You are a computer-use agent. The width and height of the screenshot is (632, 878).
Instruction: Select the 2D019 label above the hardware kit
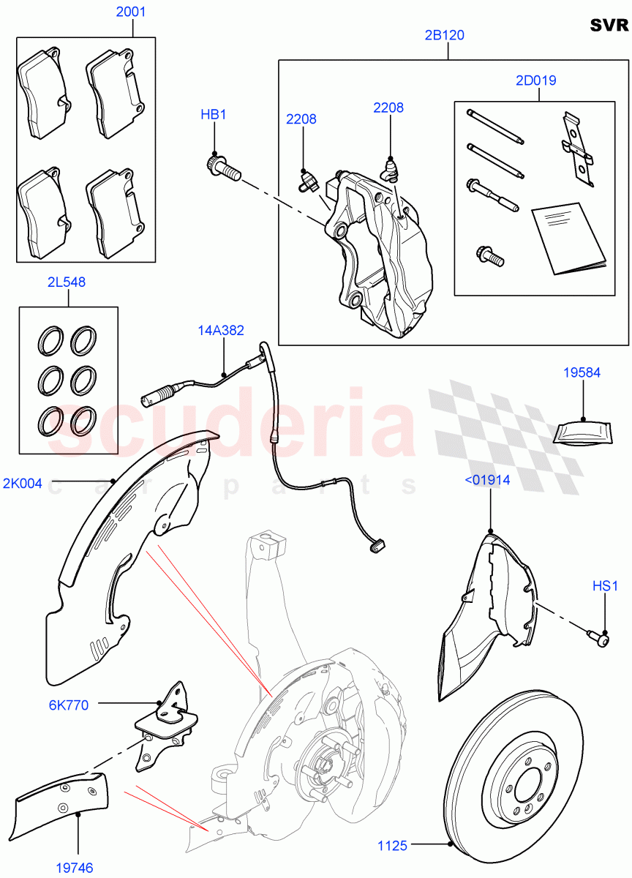point(535,80)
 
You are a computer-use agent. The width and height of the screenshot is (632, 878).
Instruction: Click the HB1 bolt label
point(214,115)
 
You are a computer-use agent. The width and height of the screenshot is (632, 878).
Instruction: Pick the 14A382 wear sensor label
point(221,331)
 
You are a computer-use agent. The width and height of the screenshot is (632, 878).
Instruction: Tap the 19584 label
point(582,372)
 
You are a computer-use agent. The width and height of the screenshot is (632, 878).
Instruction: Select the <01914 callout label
point(488,480)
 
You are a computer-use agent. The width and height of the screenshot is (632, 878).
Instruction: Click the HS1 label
point(605,585)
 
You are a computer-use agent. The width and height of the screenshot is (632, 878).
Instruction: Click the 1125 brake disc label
point(392,847)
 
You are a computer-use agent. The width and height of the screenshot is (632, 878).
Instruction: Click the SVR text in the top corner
point(609,26)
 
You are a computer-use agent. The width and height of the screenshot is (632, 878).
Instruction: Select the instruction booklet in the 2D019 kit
point(567,239)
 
